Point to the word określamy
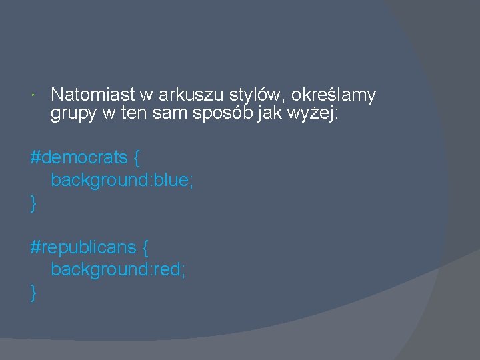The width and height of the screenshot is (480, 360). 333,95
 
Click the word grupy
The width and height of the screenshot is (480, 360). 73,114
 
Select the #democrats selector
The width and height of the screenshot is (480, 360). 79,158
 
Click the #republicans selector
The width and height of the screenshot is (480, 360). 83,247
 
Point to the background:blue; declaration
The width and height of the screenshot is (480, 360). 122,180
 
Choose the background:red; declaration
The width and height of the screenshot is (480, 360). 118,269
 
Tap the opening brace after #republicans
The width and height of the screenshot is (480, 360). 145,248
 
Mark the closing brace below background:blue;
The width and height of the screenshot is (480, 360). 33,203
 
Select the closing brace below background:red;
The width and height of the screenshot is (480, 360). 33,292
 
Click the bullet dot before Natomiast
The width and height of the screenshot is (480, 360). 34,96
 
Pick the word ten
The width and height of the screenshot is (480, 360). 135,114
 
